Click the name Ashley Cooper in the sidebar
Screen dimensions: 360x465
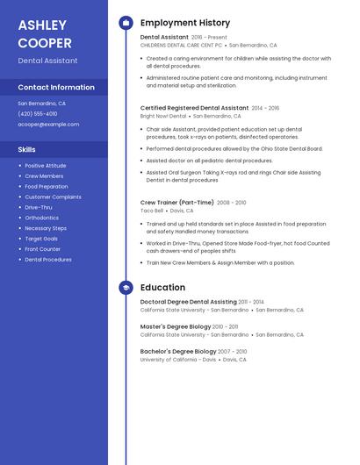[x=45, y=33]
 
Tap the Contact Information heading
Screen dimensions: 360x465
[x=56, y=87]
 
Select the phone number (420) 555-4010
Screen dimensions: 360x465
[x=38, y=113]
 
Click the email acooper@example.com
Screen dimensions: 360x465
[x=48, y=124]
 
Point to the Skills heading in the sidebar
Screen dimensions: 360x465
[x=27, y=149]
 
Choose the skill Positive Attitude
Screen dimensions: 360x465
[x=46, y=166]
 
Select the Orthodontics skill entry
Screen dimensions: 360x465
[x=42, y=218]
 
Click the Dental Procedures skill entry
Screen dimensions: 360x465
[x=48, y=260]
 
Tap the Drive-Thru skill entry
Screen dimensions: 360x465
[x=39, y=207]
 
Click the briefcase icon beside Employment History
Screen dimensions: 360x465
[x=126, y=23]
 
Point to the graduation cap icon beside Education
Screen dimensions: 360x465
[x=126, y=287]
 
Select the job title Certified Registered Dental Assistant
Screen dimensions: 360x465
[x=194, y=108]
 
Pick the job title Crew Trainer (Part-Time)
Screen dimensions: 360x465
[x=177, y=203]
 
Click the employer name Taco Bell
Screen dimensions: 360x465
[x=152, y=211]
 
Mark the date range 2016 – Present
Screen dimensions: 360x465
[x=209, y=38]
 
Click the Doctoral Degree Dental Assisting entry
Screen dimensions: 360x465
[x=188, y=302]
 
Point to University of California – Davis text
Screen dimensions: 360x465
[x=178, y=360]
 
